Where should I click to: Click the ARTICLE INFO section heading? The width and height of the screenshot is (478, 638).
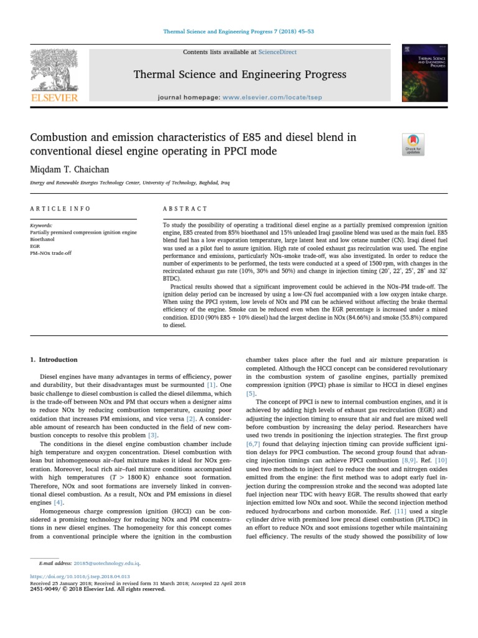point(60,209)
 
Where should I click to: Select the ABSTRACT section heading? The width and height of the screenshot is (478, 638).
point(185,209)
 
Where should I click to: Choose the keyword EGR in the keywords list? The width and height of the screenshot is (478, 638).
point(35,245)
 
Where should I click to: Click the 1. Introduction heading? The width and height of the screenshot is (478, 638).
point(54,359)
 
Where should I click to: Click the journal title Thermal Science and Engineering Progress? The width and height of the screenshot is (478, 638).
point(240,75)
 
